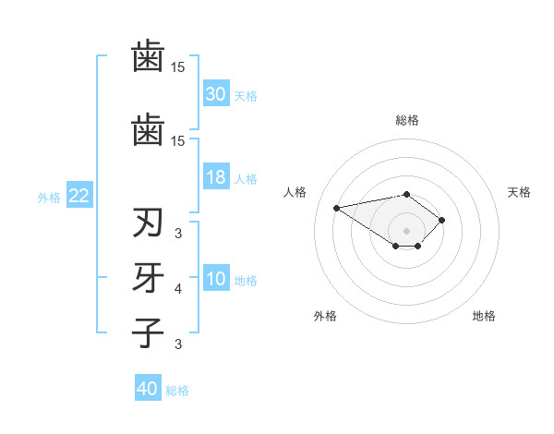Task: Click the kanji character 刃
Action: point(149,224)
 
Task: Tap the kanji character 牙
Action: point(149,277)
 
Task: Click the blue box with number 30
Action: point(216,94)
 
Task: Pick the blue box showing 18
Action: point(216,177)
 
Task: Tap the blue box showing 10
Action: point(216,280)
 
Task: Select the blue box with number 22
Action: point(79,196)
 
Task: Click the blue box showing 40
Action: point(148,389)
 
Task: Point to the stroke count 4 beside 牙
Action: point(178,289)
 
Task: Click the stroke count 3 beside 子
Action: point(178,344)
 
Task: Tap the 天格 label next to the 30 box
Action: point(246,95)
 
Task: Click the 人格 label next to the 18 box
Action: point(246,178)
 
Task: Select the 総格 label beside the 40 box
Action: point(177,390)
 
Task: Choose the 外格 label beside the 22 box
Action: point(49,197)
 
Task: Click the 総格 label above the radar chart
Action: point(407,120)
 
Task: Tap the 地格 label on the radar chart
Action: point(484,316)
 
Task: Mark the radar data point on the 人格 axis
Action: point(337,207)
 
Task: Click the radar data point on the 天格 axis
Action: point(442,220)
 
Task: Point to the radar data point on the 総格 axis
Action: point(407,194)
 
